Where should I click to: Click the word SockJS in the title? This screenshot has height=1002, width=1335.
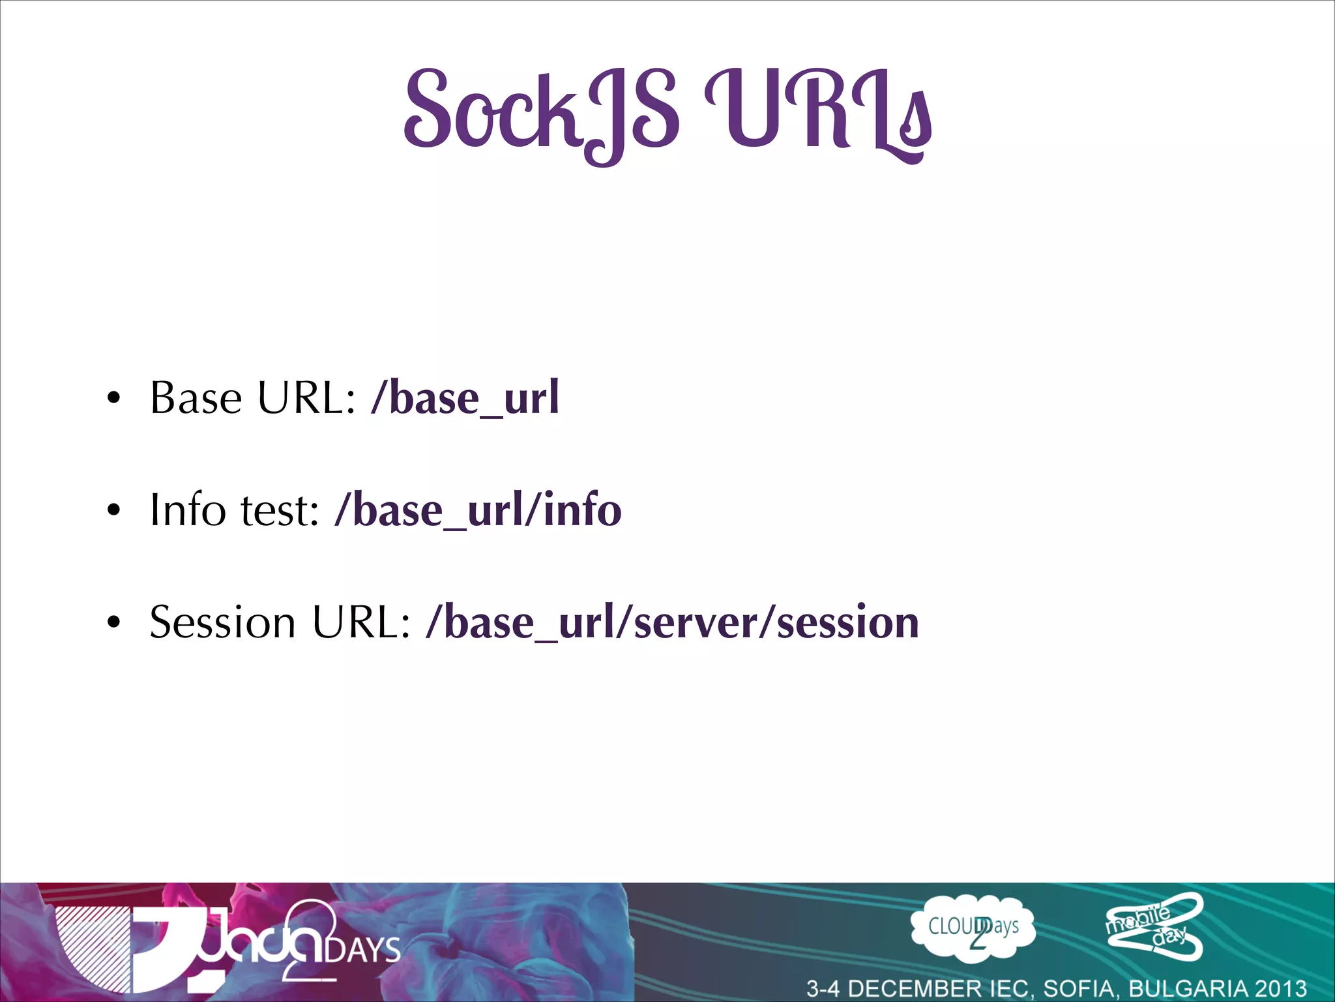(x=541, y=111)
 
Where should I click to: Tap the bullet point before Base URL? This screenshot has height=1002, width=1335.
(x=114, y=399)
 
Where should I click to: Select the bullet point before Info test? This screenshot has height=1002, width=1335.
(x=114, y=511)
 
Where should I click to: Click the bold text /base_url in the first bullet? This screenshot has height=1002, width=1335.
(x=465, y=397)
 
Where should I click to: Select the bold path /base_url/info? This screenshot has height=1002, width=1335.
(x=478, y=509)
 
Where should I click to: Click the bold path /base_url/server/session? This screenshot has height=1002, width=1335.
(x=672, y=622)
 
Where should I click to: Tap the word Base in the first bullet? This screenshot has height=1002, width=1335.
(x=196, y=397)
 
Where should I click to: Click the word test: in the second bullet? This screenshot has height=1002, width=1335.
(x=280, y=511)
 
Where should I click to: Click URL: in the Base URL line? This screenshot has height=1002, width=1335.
(x=307, y=397)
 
